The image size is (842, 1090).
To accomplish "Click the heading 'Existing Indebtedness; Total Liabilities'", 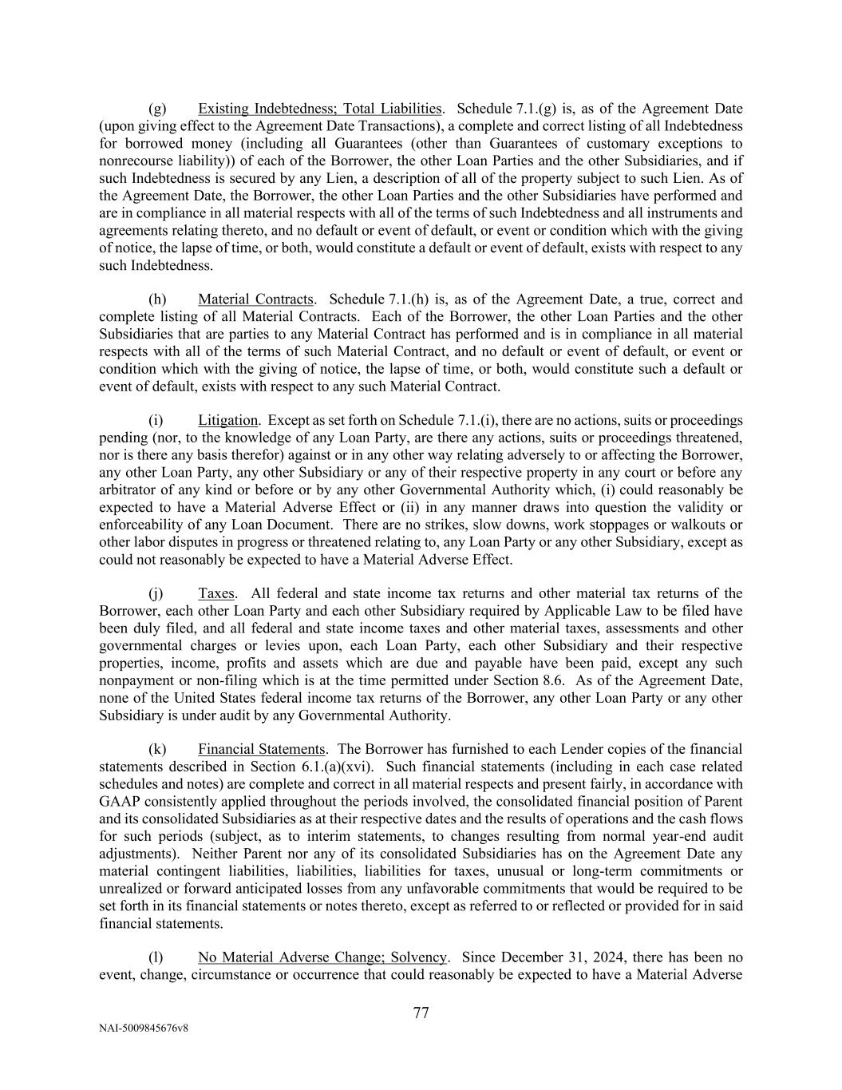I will pyautogui.click(x=319, y=109).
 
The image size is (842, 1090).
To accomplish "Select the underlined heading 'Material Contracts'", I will pyautogui.click(x=255, y=299).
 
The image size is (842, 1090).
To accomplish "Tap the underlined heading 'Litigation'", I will pyautogui.click(x=227, y=420).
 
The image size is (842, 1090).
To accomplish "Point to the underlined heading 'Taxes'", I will pyautogui.click(x=215, y=593).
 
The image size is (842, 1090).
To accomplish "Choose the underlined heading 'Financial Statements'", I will pyautogui.click(x=262, y=749).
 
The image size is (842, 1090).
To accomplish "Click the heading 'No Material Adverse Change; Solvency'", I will pyautogui.click(x=322, y=957).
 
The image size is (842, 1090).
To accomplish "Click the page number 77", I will pyautogui.click(x=421, y=1013).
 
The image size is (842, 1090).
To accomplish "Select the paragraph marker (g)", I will pyautogui.click(x=157, y=109).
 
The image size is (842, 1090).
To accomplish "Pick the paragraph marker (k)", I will pyautogui.click(x=157, y=749).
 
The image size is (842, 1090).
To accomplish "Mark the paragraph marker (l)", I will pyautogui.click(x=156, y=957).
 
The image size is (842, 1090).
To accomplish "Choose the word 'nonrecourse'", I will pyautogui.click(x=136, y=161).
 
